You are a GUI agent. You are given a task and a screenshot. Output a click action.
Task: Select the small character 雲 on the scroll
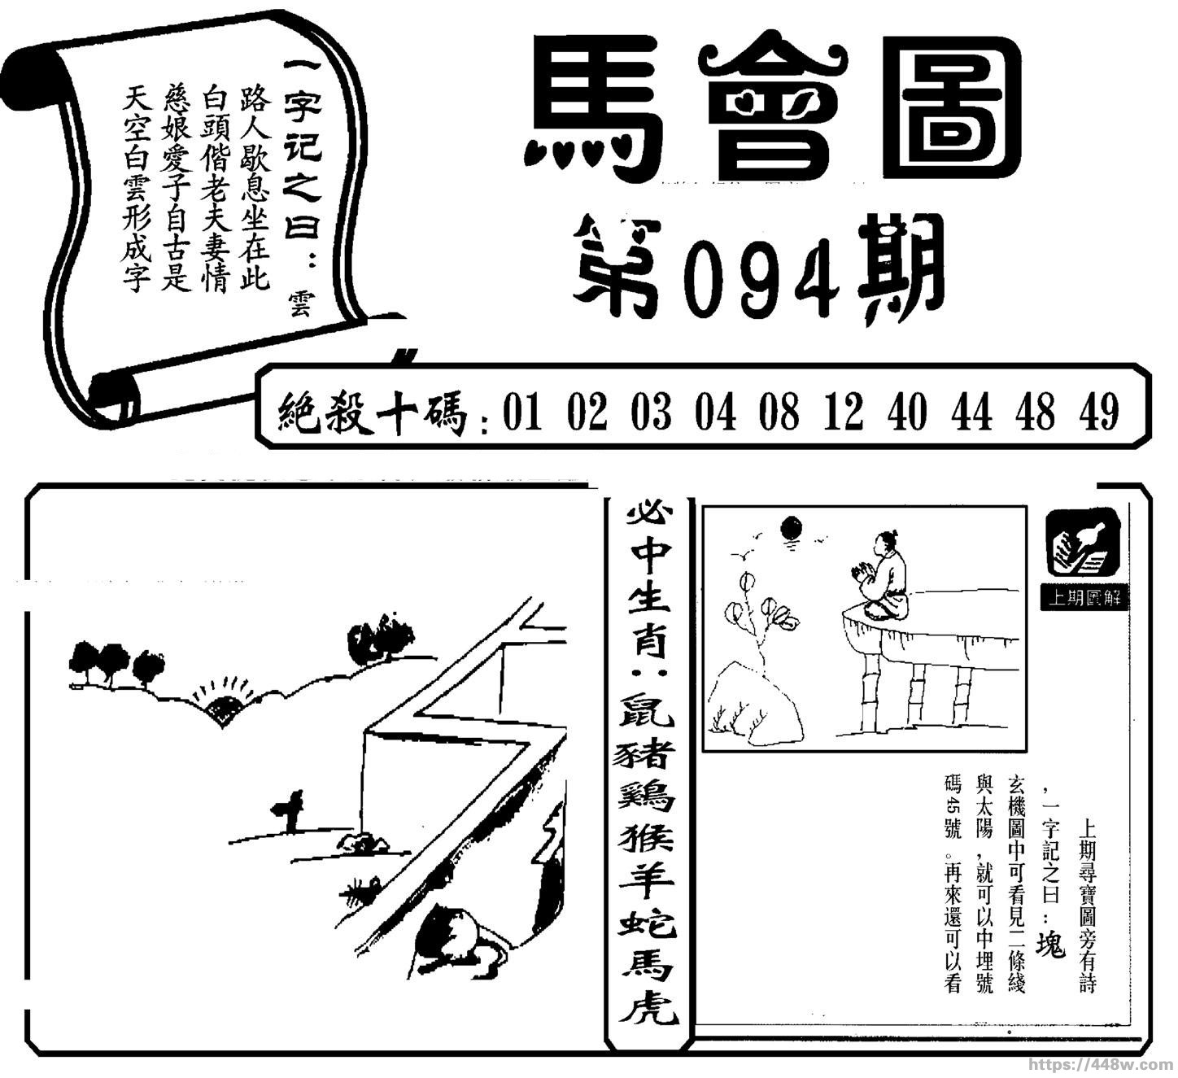click(x=300, y=303)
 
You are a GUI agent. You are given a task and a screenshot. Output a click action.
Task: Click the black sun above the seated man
click(x=792, y=527)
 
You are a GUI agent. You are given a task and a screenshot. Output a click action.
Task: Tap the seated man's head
click(x=884, y=543)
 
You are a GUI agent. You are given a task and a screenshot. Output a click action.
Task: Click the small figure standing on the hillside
click(x=290, y=811)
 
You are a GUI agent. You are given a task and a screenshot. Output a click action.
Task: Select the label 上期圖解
click(x=1084, y=599)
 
